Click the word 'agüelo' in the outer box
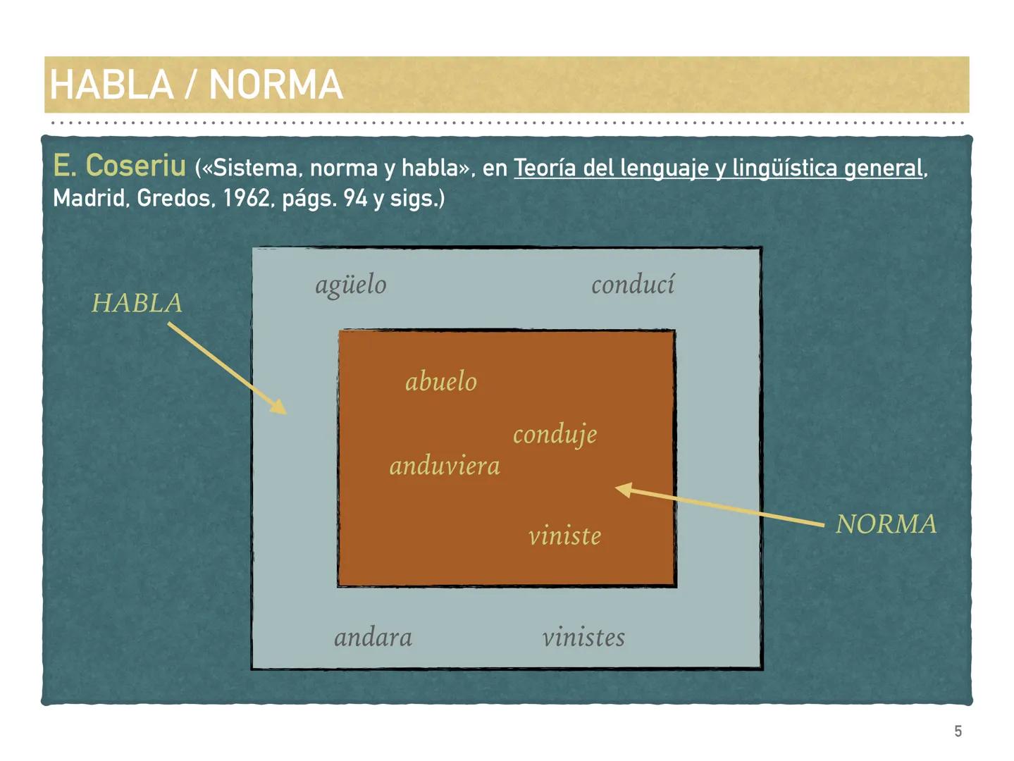click(350, 285)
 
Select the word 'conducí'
click(632, 285)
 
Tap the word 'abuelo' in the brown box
click(440, 382)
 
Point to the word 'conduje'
click(555, 435)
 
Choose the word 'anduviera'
click(445, 466)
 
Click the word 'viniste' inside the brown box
click(564, 536)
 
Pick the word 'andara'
click(373, 638)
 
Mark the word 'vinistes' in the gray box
click(583, 638)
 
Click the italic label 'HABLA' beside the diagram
click(137, 303)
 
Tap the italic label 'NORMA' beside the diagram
click(886, 524)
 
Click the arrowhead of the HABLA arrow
click(280, 407)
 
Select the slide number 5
click(958, 731)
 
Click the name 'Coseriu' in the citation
click(135, 166)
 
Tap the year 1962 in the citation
click(247, 199)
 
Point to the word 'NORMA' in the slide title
click(276, 85)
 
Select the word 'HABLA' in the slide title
click(111, 85)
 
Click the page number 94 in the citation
click(356, 199)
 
